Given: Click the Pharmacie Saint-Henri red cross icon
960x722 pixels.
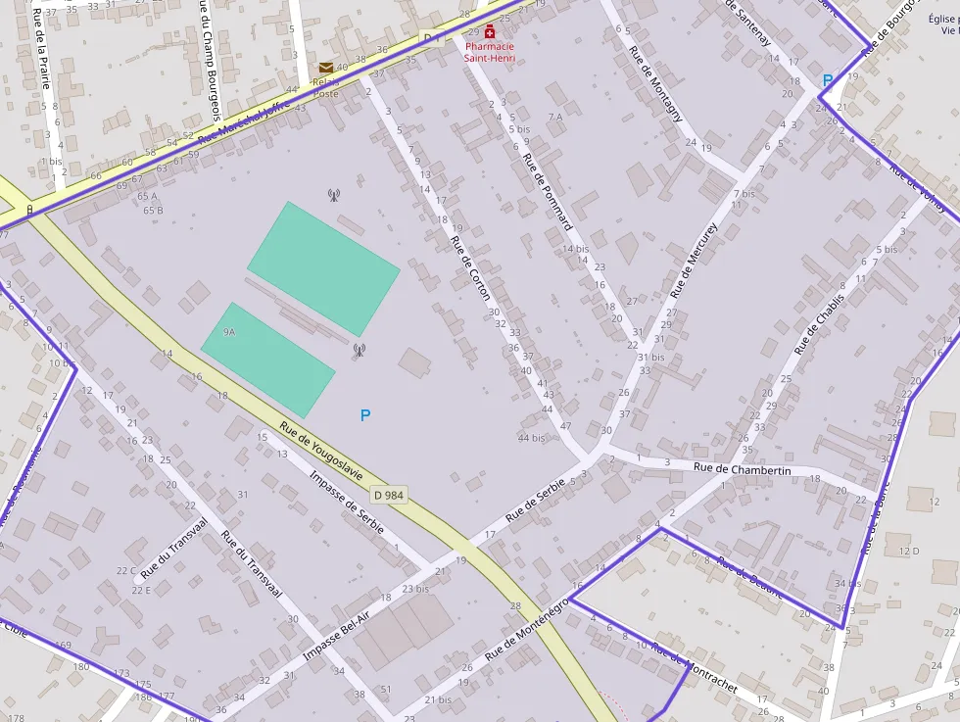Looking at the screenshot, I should (490, 32).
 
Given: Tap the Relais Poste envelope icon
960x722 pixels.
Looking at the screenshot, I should (325, 67).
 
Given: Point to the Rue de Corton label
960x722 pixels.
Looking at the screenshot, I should (471, 268).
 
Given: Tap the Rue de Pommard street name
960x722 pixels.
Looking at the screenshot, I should (548, 191).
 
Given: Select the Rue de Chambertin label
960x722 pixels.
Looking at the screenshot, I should (742, 470).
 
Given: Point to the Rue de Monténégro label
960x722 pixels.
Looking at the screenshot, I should (526, 628).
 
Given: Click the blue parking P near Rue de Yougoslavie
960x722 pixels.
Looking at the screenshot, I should (365, 415).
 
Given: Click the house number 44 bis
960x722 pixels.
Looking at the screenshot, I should (530, 437).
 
